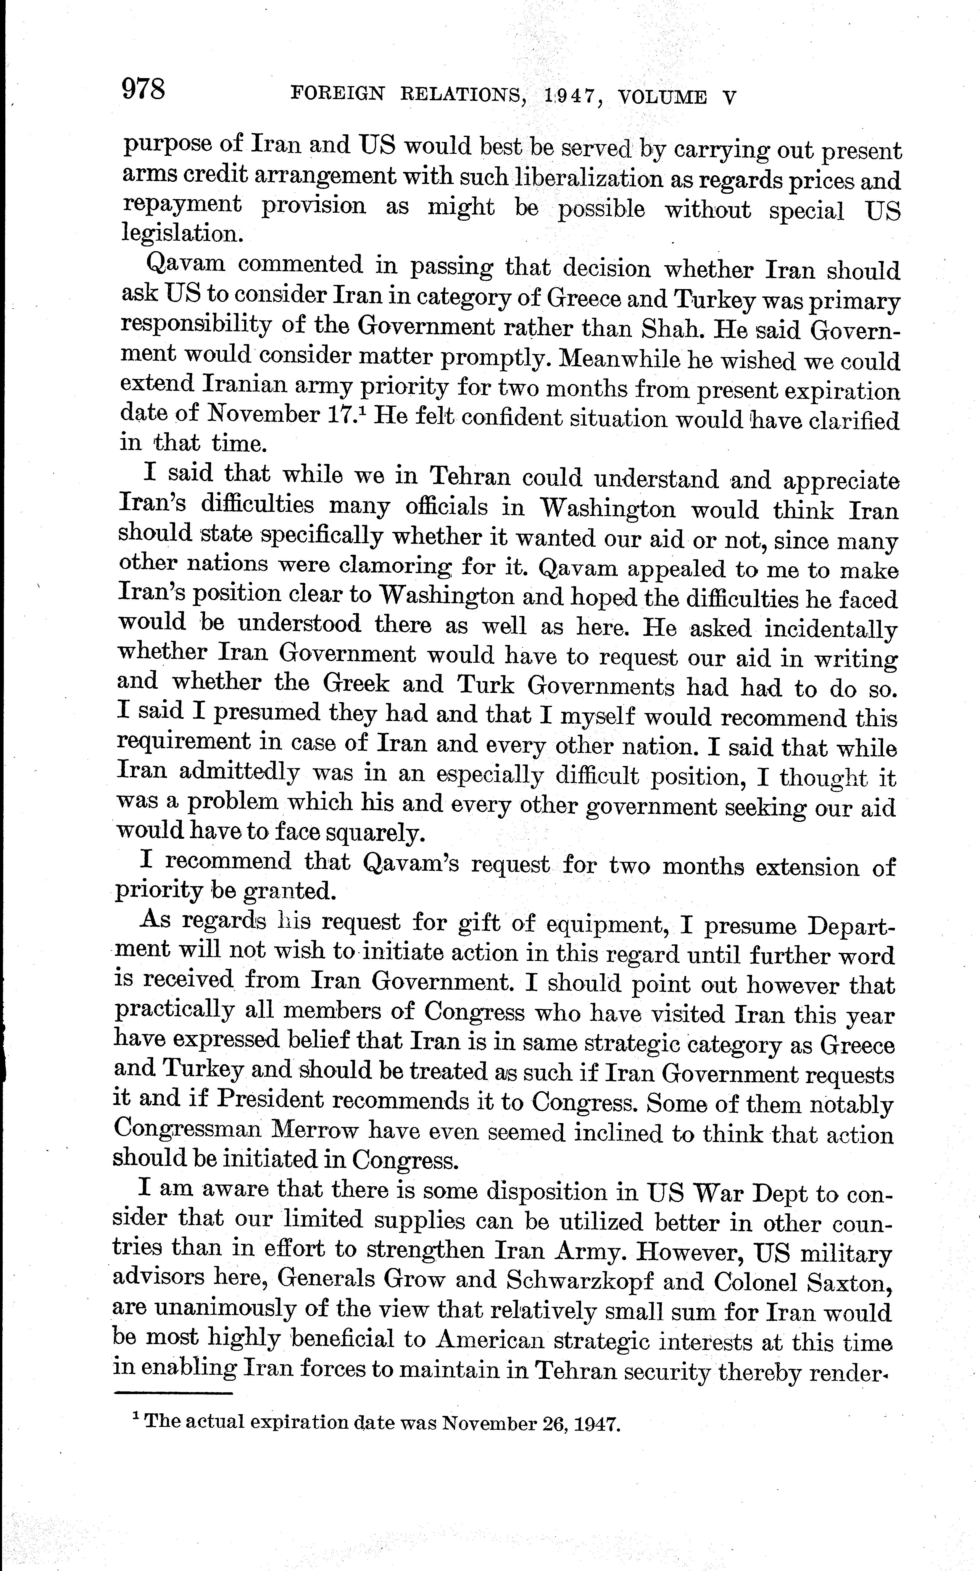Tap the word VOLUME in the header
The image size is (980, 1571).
[x=663, y=97]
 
